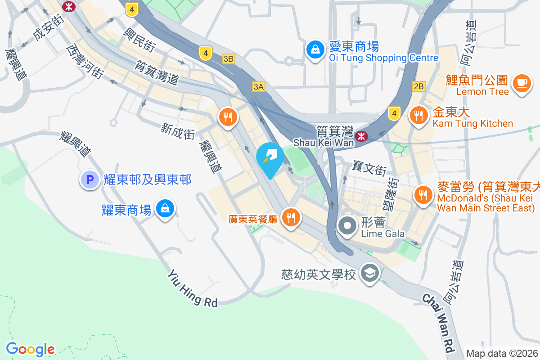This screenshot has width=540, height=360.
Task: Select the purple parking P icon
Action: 90,180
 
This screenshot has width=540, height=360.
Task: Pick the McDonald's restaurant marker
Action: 423,194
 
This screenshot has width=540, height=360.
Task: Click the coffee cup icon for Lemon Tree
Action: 522,83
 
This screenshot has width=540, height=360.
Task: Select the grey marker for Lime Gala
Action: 347,226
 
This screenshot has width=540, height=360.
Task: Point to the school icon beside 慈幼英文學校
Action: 370,273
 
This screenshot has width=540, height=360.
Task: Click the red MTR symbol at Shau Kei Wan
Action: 361,136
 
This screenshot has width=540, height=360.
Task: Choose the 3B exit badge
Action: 229,58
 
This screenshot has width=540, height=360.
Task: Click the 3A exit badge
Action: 258,87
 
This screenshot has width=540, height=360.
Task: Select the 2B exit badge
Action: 418,86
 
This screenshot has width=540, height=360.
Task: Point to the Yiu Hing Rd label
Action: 193,288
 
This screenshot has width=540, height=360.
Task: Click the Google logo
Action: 30,349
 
